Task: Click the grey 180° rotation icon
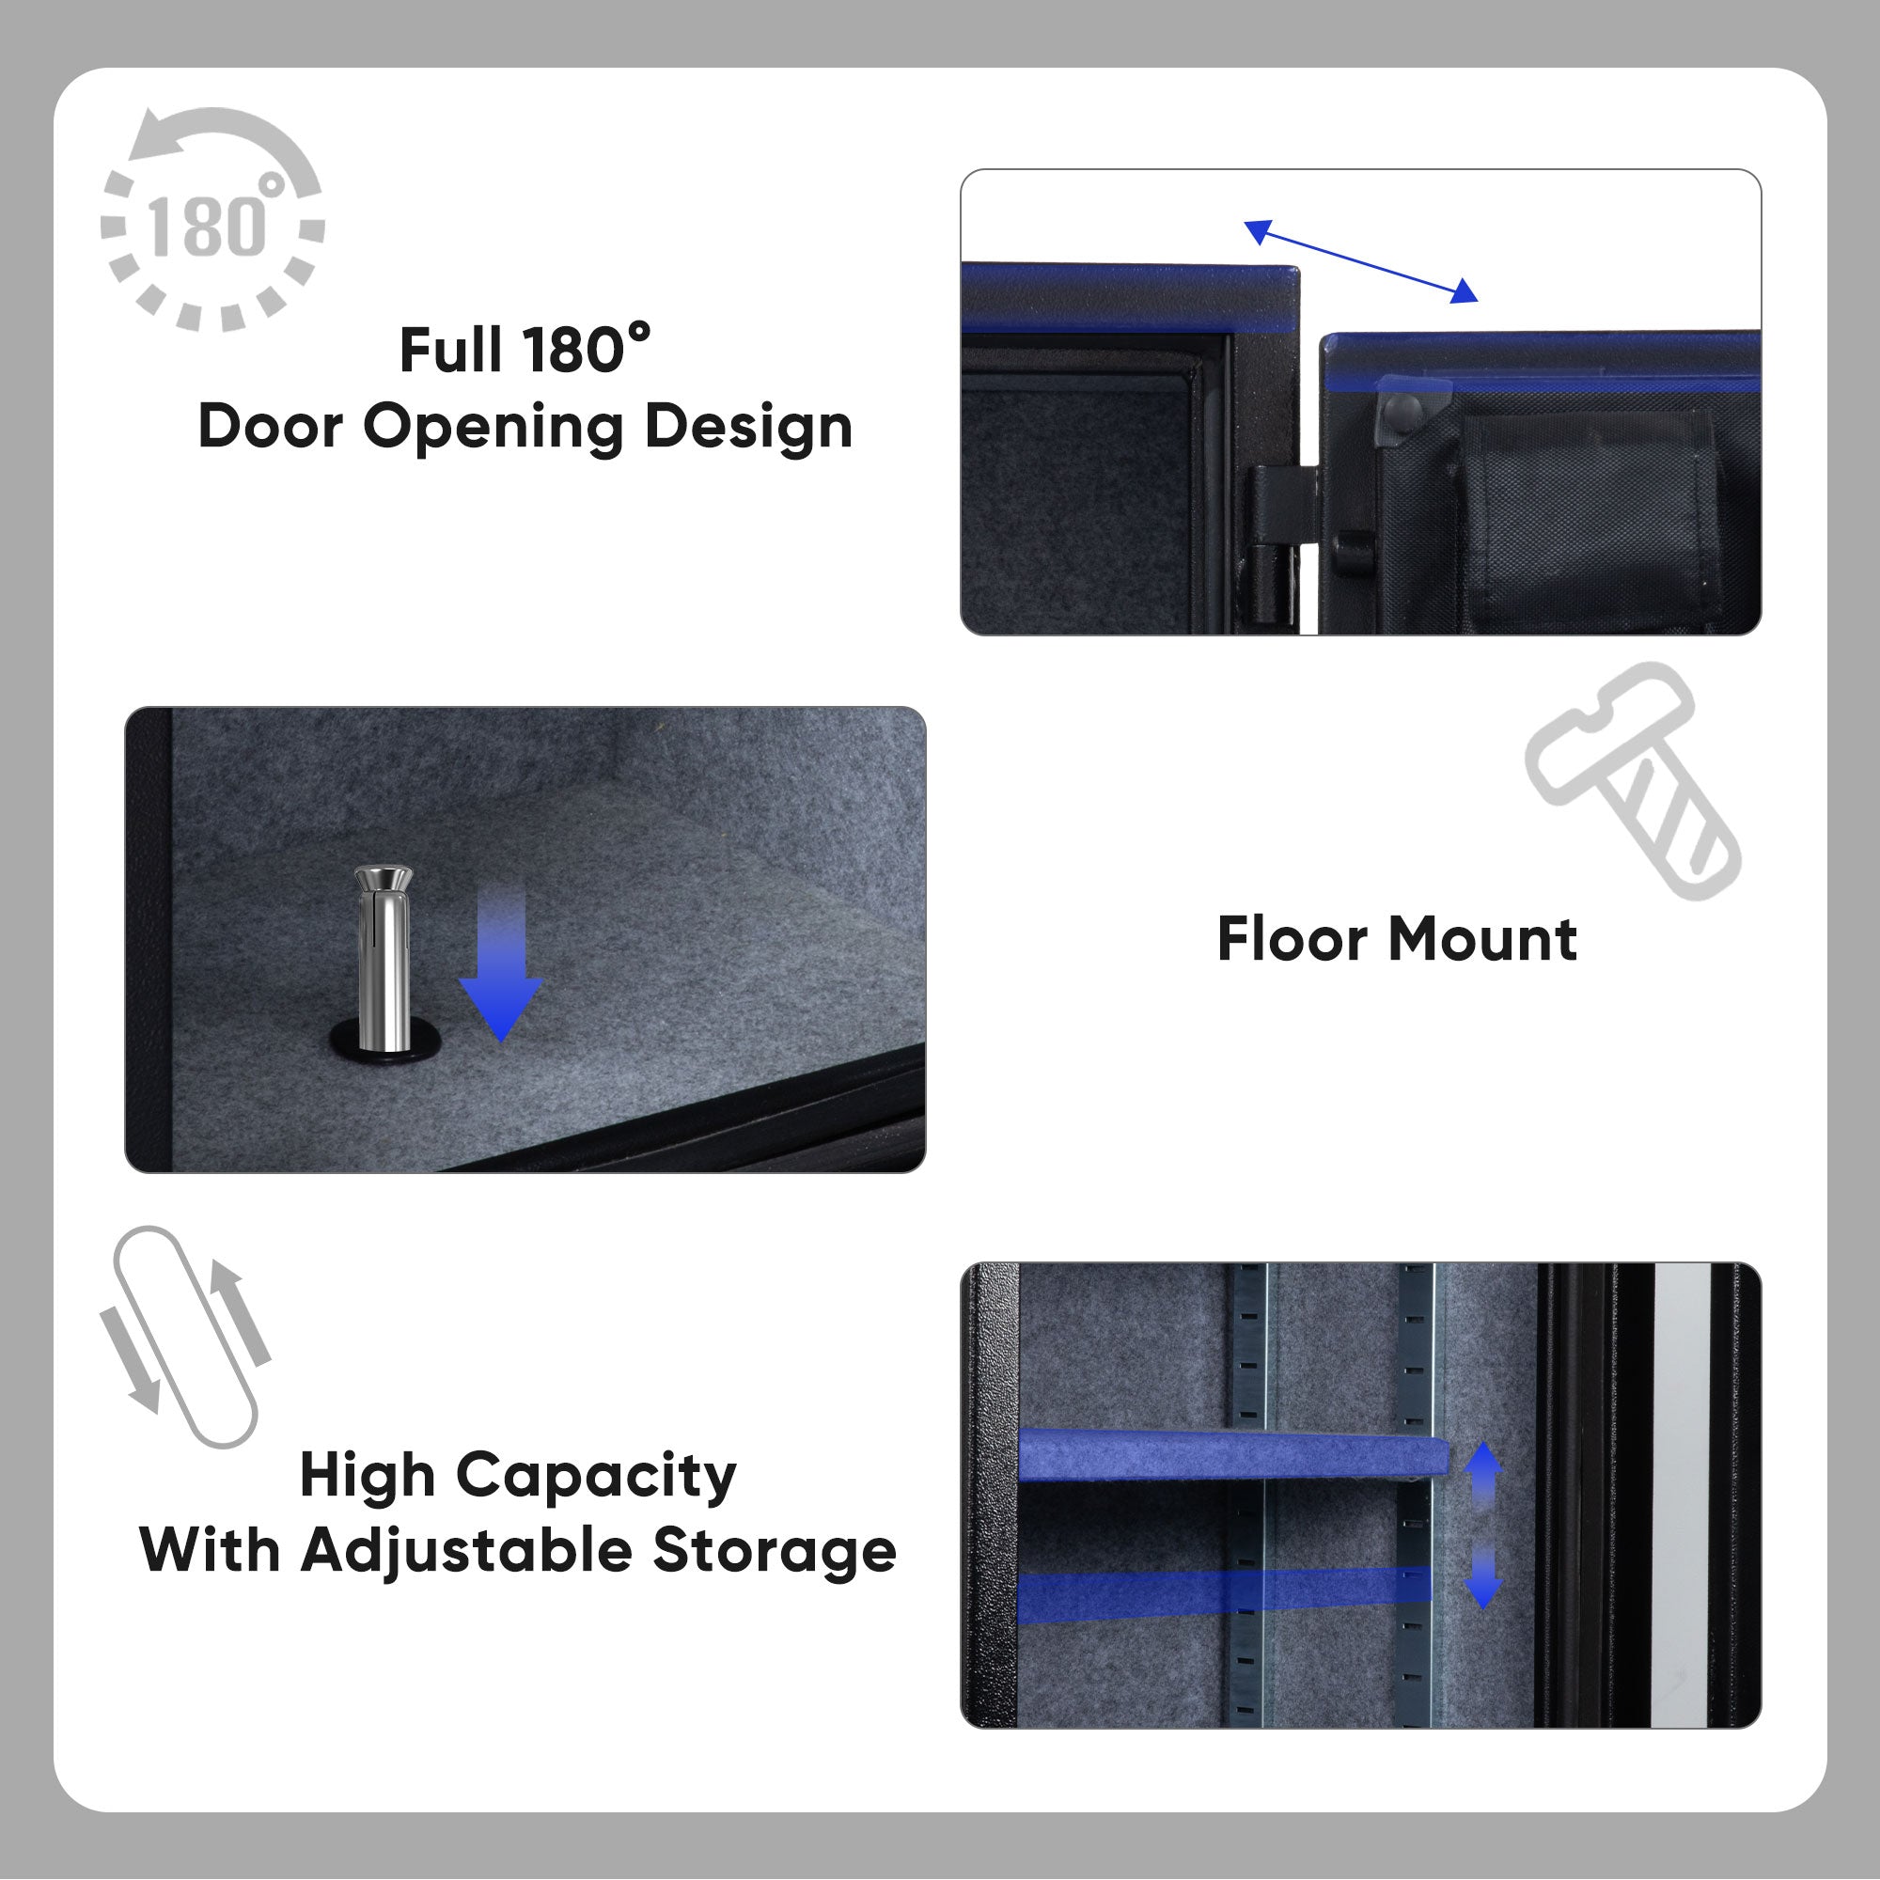pyautogui.click(x=213, y=220)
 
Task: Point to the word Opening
pyautogui.click(x=493, y=428)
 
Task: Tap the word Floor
pyautogui.click(x=1293, y=939)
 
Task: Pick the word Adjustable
pyautogui.click(x=466, y=1551)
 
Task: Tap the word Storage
pyautogui.click(x=774, y=1551)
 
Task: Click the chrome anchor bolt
pyautogui.click(x=383, y=959)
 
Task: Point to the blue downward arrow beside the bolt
pyautogui.click(x=500, y=963)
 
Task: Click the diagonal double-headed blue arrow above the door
pyautogui.click(x=1360, y=260)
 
